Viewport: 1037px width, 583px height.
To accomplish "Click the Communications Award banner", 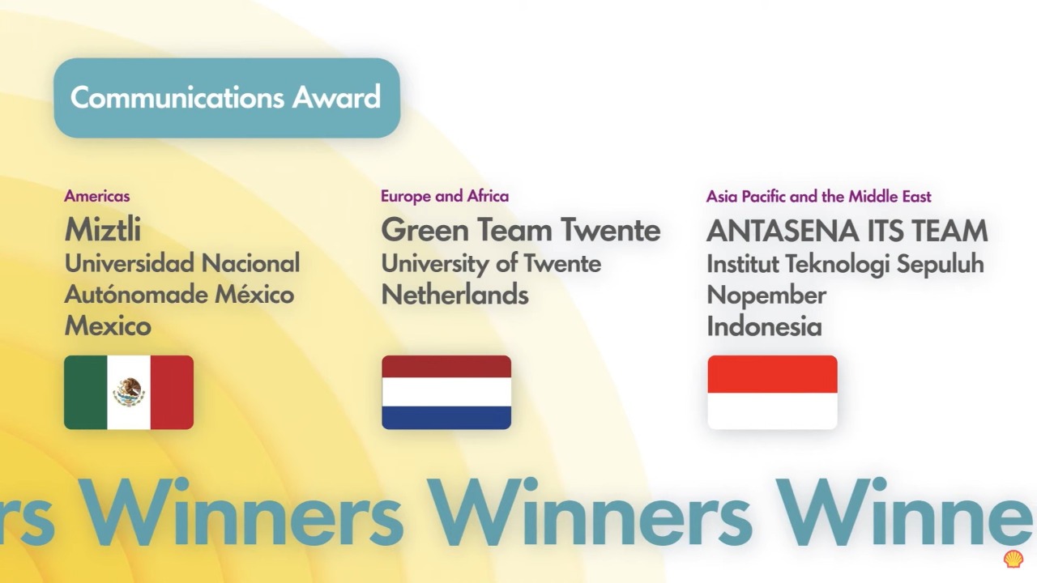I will [227, 98].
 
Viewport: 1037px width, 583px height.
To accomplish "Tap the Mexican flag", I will [129, 393].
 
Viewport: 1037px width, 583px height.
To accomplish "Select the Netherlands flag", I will [446, 393].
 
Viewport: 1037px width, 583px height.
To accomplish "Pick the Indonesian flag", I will [772, 393].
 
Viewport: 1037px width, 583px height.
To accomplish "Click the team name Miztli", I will [103, 230].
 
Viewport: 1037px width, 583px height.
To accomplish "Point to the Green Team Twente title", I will [520, 230].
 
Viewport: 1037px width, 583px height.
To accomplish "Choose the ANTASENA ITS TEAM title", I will [847, 231].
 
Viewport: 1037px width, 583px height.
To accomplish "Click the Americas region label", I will [97, 196].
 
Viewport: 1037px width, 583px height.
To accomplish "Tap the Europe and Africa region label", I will [445, 196].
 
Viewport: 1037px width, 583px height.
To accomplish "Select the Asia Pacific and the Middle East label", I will [818, 196].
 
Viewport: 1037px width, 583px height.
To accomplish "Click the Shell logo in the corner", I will [1013, 559].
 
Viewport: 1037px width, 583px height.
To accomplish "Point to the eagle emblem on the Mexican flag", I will [129, 393].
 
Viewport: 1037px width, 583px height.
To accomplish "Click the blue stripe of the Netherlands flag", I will [446, 417].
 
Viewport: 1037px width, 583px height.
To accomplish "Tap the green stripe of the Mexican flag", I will [86, 393].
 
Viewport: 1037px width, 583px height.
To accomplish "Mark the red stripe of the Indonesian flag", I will [772, 374].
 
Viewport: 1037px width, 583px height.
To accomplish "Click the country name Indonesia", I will [764, 326].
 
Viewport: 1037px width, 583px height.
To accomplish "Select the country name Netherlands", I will [454, 295].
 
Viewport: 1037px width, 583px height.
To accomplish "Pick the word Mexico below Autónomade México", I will [108, 326].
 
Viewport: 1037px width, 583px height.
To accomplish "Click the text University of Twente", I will [491, 263].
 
